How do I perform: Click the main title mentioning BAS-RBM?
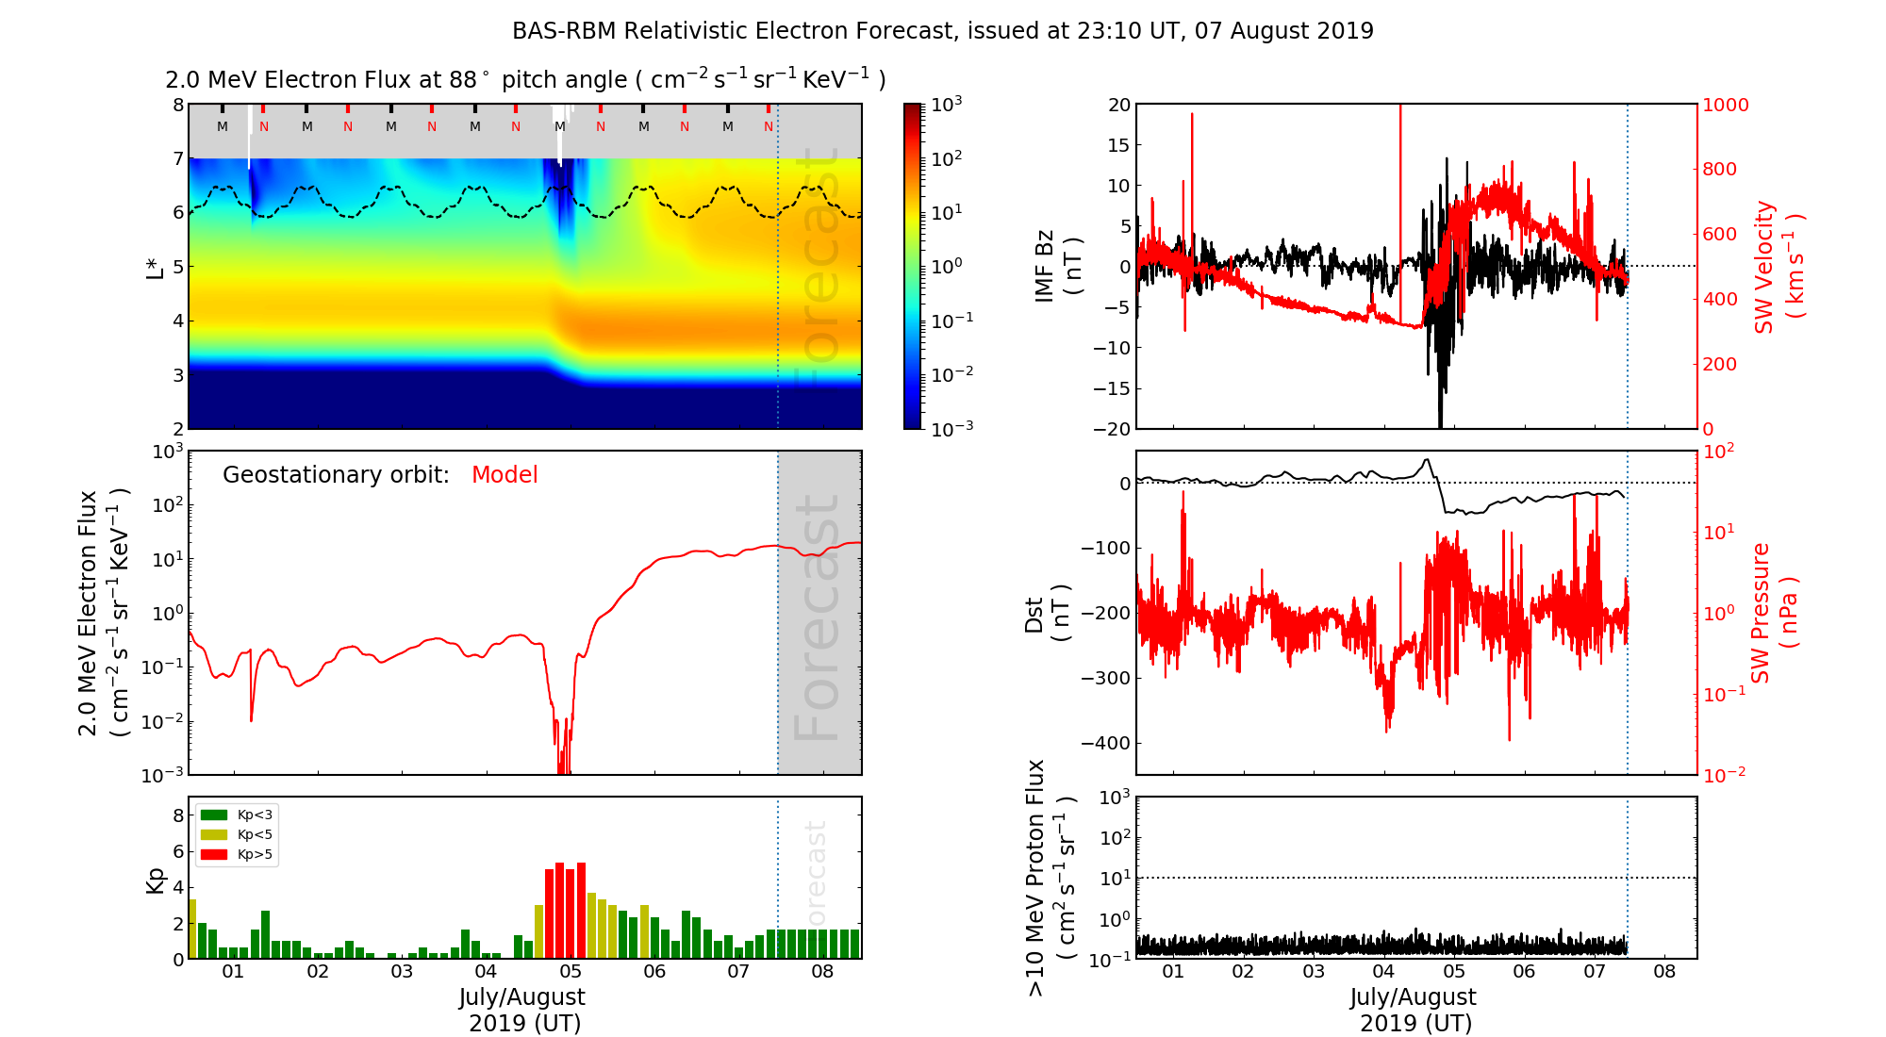(x=943, y=31)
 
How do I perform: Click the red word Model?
(x=505, y=475)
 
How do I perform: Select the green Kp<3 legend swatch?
(x=214, y=815)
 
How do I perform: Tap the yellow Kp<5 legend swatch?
(x=214, y=834)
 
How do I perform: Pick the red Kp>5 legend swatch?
(x=214, y=855)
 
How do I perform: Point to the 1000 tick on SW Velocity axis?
(x=1725, y=105)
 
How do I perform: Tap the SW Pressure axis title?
(x=1774, y=613)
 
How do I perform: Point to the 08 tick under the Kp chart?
(x=822, y=972)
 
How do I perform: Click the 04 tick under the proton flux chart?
(x=1383, y=972)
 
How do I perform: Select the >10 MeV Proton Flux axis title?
(x=1050, y=878)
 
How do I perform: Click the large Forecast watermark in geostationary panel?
(x=818, y=617)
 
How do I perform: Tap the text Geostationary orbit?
(x=336, y=475)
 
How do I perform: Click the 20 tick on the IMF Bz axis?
(x=1118, y=105)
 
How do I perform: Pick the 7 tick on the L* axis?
(x=177, y=158)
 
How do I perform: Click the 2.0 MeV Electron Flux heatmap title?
(x=525, y=80)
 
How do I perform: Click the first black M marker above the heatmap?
(x=223, y=126)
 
